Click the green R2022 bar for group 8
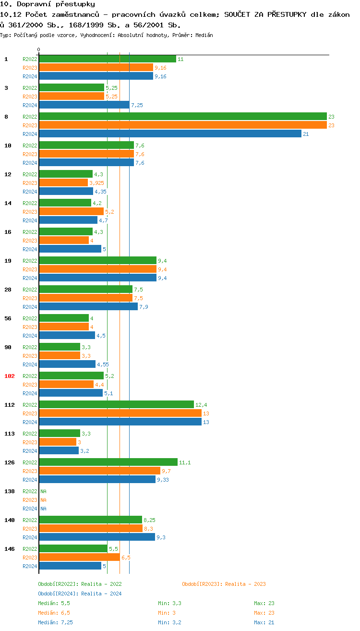tap(182, 116)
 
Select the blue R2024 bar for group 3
tap(84, 105)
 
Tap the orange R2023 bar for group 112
tap(120, 413)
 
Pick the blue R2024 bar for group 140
tap(96, 537)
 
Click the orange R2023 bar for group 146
tap(79, 557)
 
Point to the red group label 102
tap(10, 376)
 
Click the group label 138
tap(10, 491)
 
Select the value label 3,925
tap(96, 183)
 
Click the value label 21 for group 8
tap(306, 134)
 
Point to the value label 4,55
tap(103, 364)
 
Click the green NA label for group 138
tap(43, 491)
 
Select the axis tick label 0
tap(39, 49)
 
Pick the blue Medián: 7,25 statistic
tap(55, 622)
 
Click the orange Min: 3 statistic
tap(169, 613)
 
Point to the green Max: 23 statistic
tap(264, 603)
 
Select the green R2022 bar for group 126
tap(108, 462)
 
